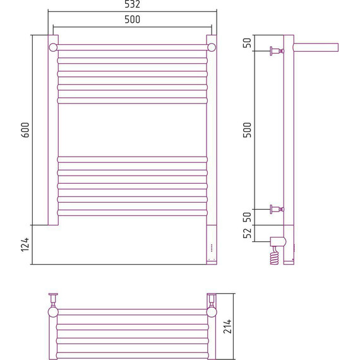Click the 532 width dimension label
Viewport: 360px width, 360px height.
[132, 4]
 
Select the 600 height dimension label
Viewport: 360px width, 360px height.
[25, 130]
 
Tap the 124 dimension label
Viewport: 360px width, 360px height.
[25, 245]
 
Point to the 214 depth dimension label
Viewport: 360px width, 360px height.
[227, 327]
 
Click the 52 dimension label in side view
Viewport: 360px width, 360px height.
[248, 233]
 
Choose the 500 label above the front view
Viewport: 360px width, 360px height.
[132, 20]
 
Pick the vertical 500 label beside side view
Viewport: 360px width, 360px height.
[248, 130]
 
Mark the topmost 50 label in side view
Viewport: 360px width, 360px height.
[248, 43]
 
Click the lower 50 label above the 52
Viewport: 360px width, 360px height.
[248, 217]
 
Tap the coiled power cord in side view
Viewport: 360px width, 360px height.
[275, 256]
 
